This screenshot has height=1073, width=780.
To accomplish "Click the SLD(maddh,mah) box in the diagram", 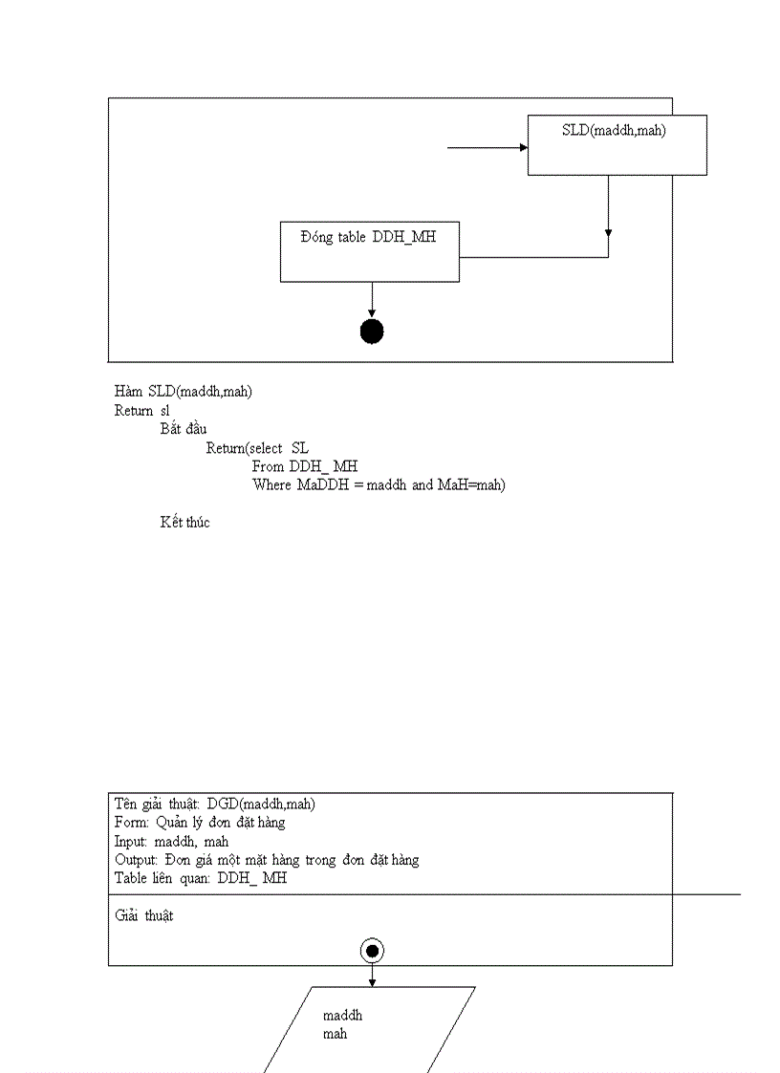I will point(617,144).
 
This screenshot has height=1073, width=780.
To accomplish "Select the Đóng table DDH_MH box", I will point(369,251).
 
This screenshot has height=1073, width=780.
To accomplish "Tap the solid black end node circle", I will point(372,332).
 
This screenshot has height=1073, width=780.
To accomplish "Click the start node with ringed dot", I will point(372,950).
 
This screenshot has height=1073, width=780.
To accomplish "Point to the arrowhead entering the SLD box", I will point(523,147).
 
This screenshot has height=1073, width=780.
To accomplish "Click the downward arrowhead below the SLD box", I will point(608,232).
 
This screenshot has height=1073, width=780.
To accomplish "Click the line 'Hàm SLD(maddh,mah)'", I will point(183,391).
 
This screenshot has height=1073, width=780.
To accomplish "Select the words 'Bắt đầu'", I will point(184,428).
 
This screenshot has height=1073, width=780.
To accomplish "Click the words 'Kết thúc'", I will point(184,522).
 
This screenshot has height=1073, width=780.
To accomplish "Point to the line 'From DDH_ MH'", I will point(304,466).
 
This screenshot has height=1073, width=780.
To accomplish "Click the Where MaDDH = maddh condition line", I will point(378,484).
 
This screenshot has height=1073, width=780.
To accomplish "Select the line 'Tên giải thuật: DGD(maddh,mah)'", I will point(215,804).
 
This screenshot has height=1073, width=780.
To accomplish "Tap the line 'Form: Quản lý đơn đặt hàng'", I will point(200,822).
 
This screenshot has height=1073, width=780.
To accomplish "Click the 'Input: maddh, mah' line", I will point(171,841).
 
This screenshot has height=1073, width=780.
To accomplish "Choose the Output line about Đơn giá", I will point(267,859).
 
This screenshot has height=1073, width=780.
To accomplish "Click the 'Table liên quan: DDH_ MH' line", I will point(200,878).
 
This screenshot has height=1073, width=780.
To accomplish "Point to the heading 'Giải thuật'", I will point(144,915).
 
